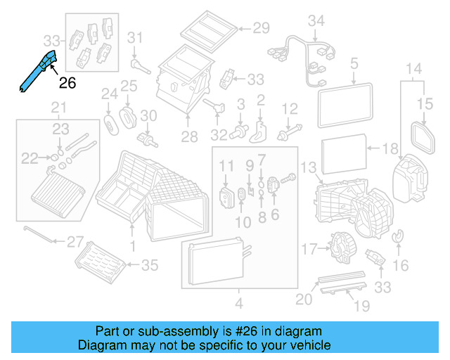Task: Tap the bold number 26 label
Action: (x=67, y=84)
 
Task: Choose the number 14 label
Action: (x=413, y=69)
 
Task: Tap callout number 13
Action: (x=308, y=167)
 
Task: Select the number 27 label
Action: (x=75, y=242)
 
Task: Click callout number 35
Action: (x=150, y=265)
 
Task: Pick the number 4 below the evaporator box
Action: (x=238, y=304)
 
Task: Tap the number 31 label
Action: (x=135, y=37)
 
